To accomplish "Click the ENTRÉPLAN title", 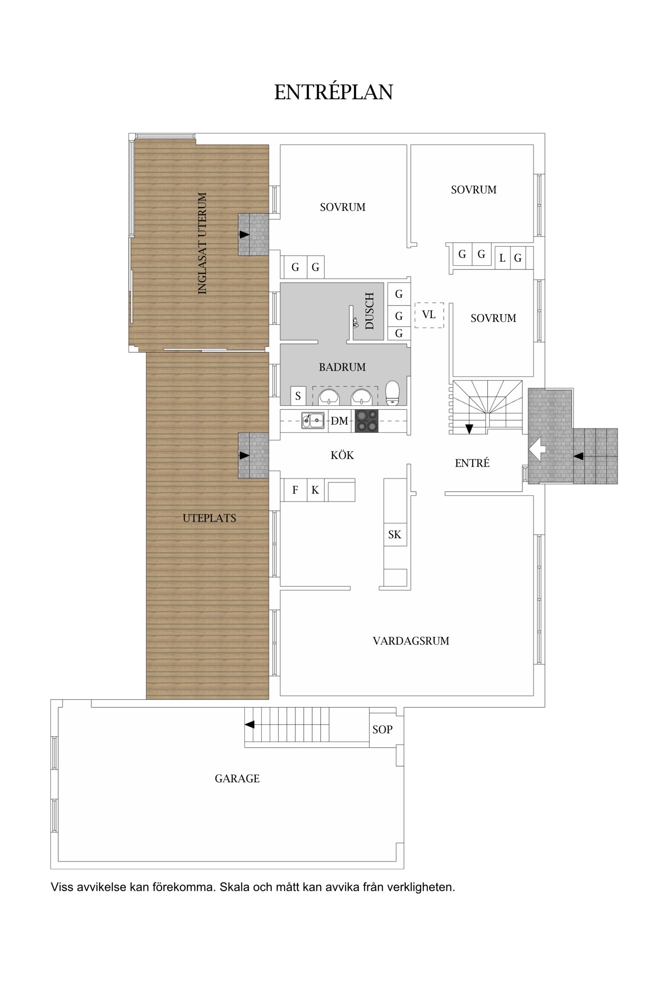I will pos(333,92).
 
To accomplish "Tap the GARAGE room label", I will pos(237,778).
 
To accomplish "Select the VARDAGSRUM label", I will pos(411,641).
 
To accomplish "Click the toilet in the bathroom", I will pos(392,392).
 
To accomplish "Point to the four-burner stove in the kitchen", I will pos(366,421).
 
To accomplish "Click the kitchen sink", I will pos(313,420).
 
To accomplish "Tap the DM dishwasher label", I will pos(339,421).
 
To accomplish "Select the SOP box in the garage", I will pos(382,729).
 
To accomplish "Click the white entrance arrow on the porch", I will pos(537,448).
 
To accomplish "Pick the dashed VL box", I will pos(429,315).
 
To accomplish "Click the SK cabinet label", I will pos(395,534).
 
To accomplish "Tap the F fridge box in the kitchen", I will pos(295,490).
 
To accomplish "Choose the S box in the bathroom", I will pos(298,395).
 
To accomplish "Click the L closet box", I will pos(502,258).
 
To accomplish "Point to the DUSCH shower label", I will pos(370,311).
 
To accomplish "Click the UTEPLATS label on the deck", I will pos(209,518).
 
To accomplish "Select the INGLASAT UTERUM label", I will pos(202,243).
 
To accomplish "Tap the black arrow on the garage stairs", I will pos(250,725).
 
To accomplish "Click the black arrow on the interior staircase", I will pos(469,429).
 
